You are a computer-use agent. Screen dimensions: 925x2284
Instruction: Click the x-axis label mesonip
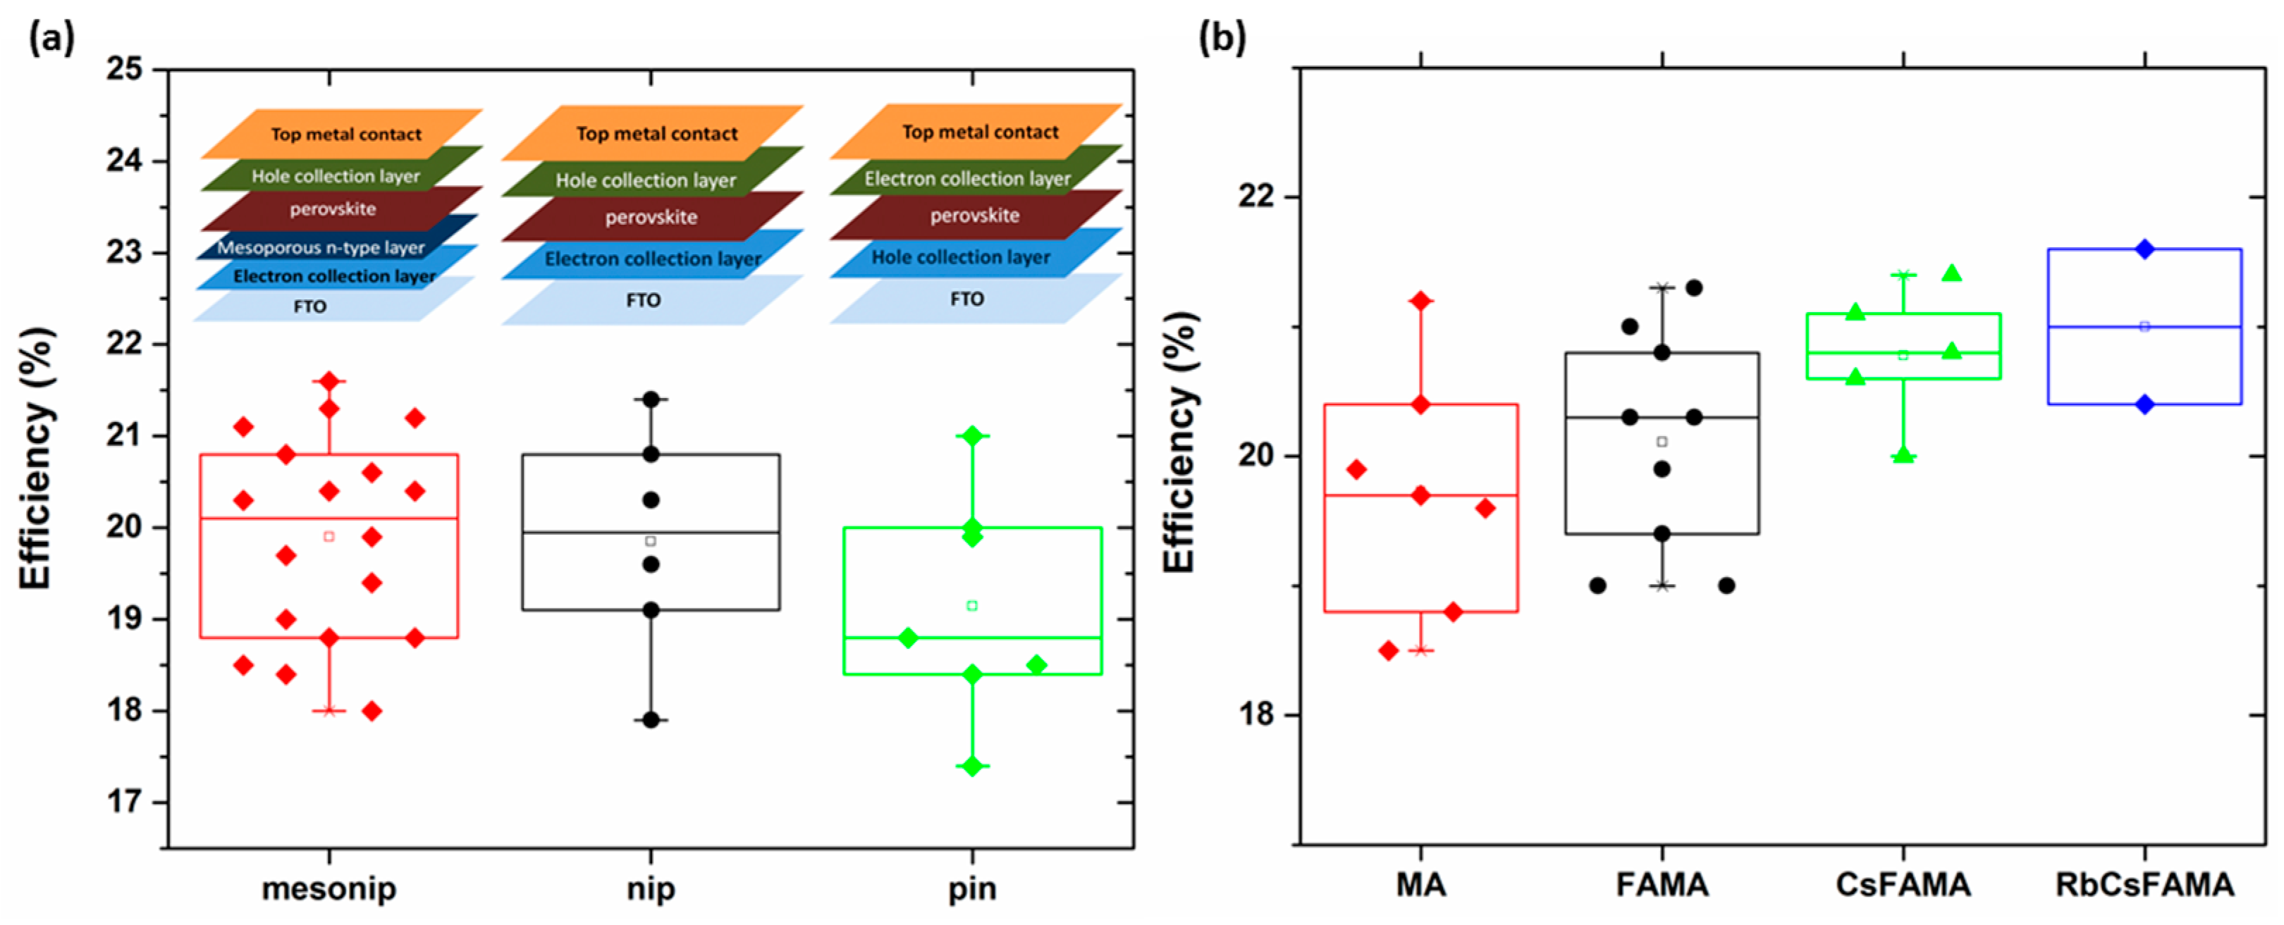329,888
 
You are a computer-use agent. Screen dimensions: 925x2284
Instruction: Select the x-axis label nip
651,888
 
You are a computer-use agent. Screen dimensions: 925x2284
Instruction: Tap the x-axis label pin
972,888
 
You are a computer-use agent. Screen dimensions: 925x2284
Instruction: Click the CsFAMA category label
1903,884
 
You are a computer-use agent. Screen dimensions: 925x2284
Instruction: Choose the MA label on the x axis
1420,884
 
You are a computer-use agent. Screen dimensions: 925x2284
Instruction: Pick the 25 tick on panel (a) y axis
124,69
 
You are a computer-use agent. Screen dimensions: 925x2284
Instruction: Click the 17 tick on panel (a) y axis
124,802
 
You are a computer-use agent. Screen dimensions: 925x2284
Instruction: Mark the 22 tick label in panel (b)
1256,196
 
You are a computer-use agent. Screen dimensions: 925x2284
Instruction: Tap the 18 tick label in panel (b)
1256,714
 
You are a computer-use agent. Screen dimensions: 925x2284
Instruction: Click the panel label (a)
51,38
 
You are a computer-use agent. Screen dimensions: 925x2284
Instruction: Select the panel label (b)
1222,38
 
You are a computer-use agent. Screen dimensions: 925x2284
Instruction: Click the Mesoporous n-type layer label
321,247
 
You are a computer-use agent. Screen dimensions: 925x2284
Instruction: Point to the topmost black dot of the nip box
651,399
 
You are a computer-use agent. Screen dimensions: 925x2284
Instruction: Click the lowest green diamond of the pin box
973,766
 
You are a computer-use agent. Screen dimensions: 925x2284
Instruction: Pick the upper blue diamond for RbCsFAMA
2145,249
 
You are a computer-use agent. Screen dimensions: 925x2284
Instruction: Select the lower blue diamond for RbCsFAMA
2145,404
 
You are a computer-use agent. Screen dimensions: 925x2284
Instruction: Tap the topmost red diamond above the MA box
1420,300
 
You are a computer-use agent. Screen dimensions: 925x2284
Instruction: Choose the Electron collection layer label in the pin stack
967,179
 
